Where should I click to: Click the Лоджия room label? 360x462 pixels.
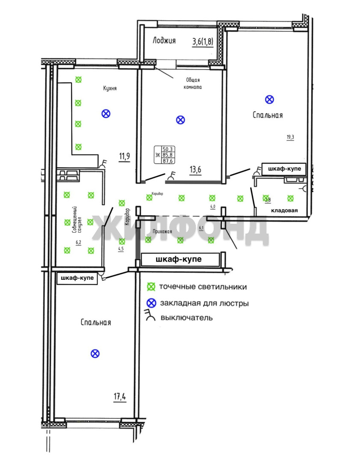(x=164, y=41)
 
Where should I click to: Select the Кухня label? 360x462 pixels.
(x=110, y=89)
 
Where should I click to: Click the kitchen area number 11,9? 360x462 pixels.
(x=124, y=156)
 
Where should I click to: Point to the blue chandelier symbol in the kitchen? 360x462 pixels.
(x=106, y=113)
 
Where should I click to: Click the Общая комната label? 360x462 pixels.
(x=193, y=83)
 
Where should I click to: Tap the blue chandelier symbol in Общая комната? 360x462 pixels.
(x=180, y=120)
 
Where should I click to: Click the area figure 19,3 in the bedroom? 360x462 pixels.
(x=290, y=137)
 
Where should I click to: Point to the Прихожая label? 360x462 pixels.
(x=162, y=232)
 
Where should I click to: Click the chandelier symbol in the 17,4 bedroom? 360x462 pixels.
(x=95, y=353)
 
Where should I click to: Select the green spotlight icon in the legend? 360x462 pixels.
(x=150, y=287)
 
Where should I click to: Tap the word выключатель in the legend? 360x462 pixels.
(x=186, y=318)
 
